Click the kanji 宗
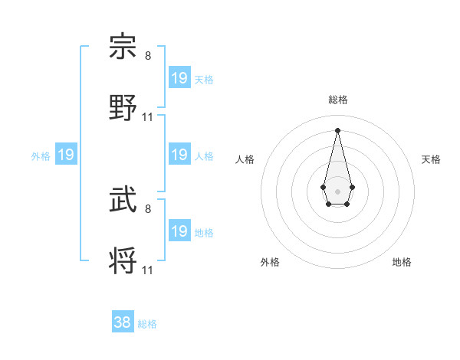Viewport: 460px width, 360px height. [123, 47]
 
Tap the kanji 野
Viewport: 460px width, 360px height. [123, 107]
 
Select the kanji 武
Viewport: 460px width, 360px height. [123, 201]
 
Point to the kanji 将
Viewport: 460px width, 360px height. [123, 260]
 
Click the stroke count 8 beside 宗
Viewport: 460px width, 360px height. [148, 56]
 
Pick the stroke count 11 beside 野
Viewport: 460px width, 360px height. [148, 116]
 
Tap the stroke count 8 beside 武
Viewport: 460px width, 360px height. [148, 208]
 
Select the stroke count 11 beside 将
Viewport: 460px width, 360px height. [148, 270]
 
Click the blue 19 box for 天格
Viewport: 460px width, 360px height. [179, 78]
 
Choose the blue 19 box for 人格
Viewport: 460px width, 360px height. [179, 155]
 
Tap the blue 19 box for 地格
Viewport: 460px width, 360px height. [179, 231]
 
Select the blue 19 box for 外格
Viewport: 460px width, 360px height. [66, 155]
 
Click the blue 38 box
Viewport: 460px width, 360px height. [123, 322]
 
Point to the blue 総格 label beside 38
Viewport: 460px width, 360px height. [147, 324]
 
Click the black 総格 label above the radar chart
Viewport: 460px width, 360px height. [337, 100]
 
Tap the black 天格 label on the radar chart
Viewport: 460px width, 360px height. [432, 159]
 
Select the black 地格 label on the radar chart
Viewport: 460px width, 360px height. [402, 262]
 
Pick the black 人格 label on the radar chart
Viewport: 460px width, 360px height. [245, 159]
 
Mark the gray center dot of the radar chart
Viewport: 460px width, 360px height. [337, 190]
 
